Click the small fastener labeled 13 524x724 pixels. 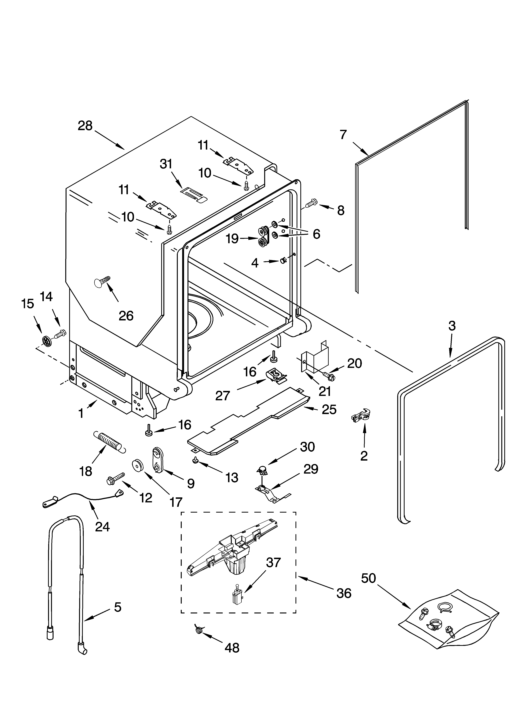pos(195,460)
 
